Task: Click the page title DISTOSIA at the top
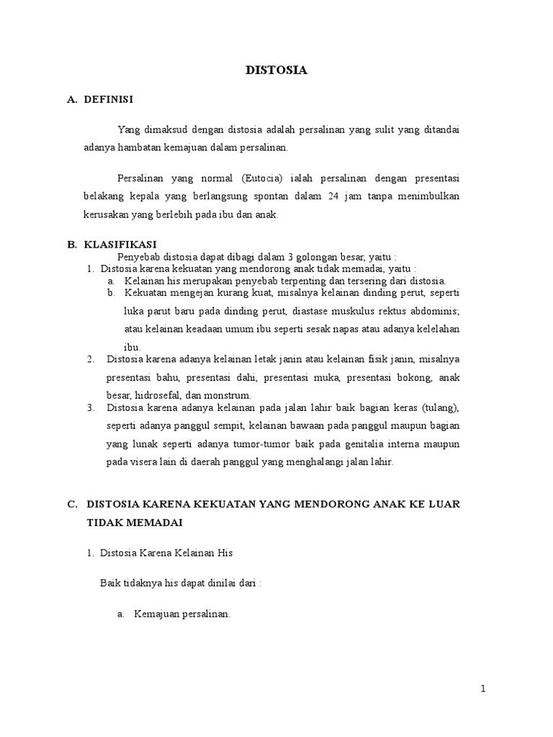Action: tap(276, 71)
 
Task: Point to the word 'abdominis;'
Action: tap(433, 311)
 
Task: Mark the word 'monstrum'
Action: tap(229, 395)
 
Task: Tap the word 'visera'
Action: tap(140, 461)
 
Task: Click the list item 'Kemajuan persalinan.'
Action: tap(181, 614)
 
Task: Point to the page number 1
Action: tap(484, 689)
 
